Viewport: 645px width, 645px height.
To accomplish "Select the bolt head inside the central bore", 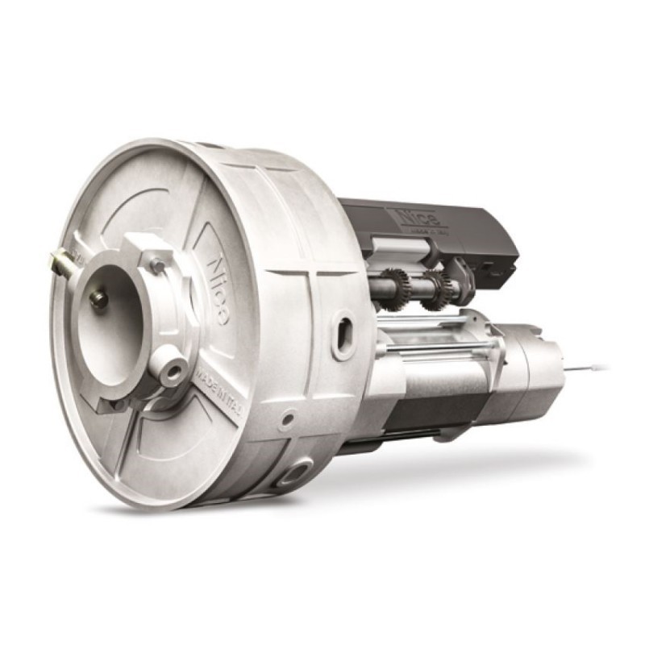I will pos(99,299).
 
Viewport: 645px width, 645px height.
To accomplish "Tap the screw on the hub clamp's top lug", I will pos(158,265).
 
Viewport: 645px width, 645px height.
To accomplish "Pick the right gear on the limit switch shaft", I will pos(438,286).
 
